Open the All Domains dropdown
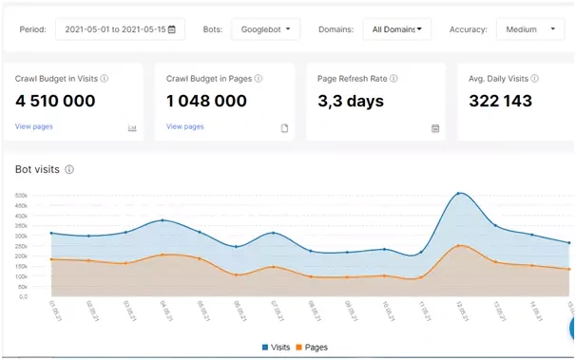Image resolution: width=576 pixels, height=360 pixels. [397, 29]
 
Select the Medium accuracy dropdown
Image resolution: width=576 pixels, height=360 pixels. [530, 29]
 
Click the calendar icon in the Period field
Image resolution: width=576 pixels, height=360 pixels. [171, 29]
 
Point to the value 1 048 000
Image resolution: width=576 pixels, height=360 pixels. [207, 101]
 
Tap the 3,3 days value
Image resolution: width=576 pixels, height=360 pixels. [352, 101]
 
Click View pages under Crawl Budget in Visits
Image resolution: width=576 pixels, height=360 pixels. [34, 126]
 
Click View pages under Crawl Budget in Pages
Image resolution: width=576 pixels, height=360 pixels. [185, 126]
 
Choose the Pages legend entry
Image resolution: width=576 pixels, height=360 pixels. [312, 348]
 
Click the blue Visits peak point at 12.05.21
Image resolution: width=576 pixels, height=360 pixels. [459, 194]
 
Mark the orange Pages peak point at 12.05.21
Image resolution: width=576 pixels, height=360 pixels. [459, 246]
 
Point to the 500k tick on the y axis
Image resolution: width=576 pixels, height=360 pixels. [21, 197]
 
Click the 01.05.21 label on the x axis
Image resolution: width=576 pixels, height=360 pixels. [53, 311]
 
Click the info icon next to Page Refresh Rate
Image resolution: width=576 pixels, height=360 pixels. [392, 78]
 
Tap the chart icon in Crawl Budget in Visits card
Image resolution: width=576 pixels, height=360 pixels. [132, 128]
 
